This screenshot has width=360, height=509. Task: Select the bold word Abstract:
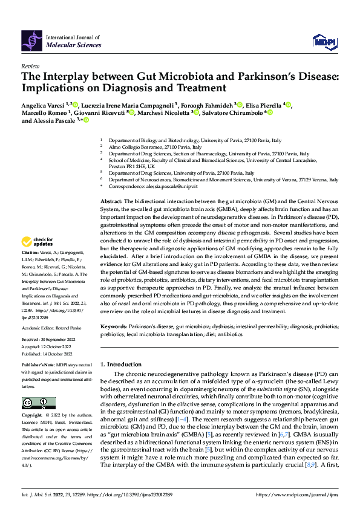(113, 200)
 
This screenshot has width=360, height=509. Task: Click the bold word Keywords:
(115, 326)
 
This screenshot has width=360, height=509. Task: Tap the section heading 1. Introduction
(125, 365)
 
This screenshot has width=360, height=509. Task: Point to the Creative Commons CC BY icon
(38, 403)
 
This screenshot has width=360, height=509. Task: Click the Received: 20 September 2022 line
(48, 340)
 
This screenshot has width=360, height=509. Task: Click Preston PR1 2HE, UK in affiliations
(136, 166)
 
